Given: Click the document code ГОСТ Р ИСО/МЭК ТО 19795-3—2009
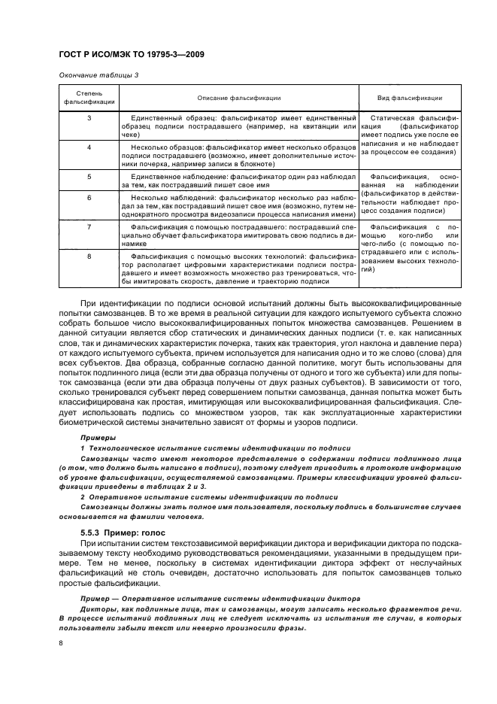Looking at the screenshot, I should [x=133, y=54].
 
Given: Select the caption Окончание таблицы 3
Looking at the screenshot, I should [x=98, y=74].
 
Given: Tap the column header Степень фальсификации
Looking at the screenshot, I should [x=89, y=98].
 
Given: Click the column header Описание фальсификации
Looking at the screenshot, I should [x=238, y=98].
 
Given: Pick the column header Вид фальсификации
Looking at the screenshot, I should [x=409, y=98].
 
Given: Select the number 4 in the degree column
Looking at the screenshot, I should [x=89, y=147].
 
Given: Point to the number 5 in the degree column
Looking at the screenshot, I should [x=89, y=175].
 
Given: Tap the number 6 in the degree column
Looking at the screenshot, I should [x=89, y=196].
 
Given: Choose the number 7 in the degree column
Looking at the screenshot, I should [x=89, y=226].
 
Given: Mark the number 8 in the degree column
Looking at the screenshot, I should [x=89, y=255].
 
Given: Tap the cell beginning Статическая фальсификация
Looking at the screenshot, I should [x=409, y=135].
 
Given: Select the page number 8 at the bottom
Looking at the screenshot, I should [x=61, y=643].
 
